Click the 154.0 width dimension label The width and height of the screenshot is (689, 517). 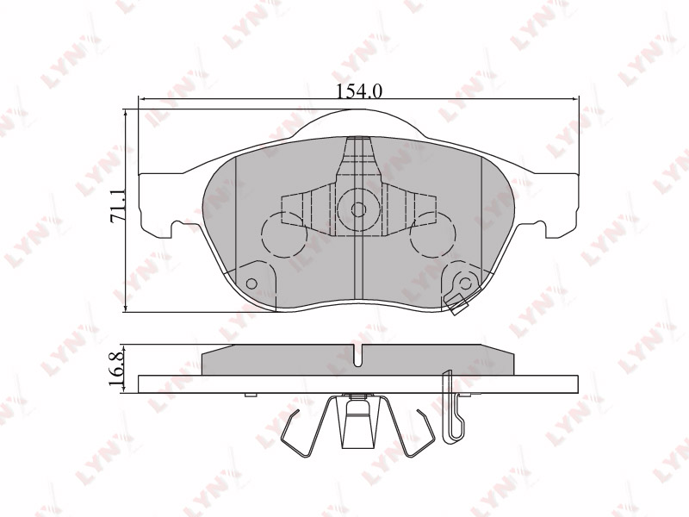[359, 91]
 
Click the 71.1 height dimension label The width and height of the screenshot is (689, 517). [119, 205]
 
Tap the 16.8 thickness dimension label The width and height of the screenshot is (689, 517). [117, 370]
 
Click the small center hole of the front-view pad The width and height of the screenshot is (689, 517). [359, 209]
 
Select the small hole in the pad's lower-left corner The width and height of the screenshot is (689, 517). [251, 283]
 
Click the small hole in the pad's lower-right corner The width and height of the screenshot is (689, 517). [466, 283]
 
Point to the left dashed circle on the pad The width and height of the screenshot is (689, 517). [283, 234]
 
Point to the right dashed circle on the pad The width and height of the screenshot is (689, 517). [432, 234]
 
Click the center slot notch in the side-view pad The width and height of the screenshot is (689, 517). [359, 354]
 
